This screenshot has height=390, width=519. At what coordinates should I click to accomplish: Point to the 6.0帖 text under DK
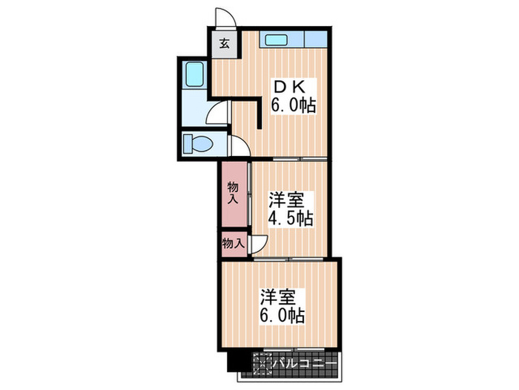[x=294, y=106]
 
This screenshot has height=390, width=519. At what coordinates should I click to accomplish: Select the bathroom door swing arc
[x=216, y=114]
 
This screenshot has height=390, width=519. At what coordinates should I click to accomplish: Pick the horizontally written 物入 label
[x=233, y=243]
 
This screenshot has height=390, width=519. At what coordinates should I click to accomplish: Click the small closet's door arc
[x=259, y=243]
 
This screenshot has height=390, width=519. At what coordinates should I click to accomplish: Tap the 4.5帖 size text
[x=290, y=218]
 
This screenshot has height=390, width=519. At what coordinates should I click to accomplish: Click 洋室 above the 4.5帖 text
[x=286, y=200]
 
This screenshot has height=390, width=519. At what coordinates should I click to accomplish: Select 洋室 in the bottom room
[x=278, y=297]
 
